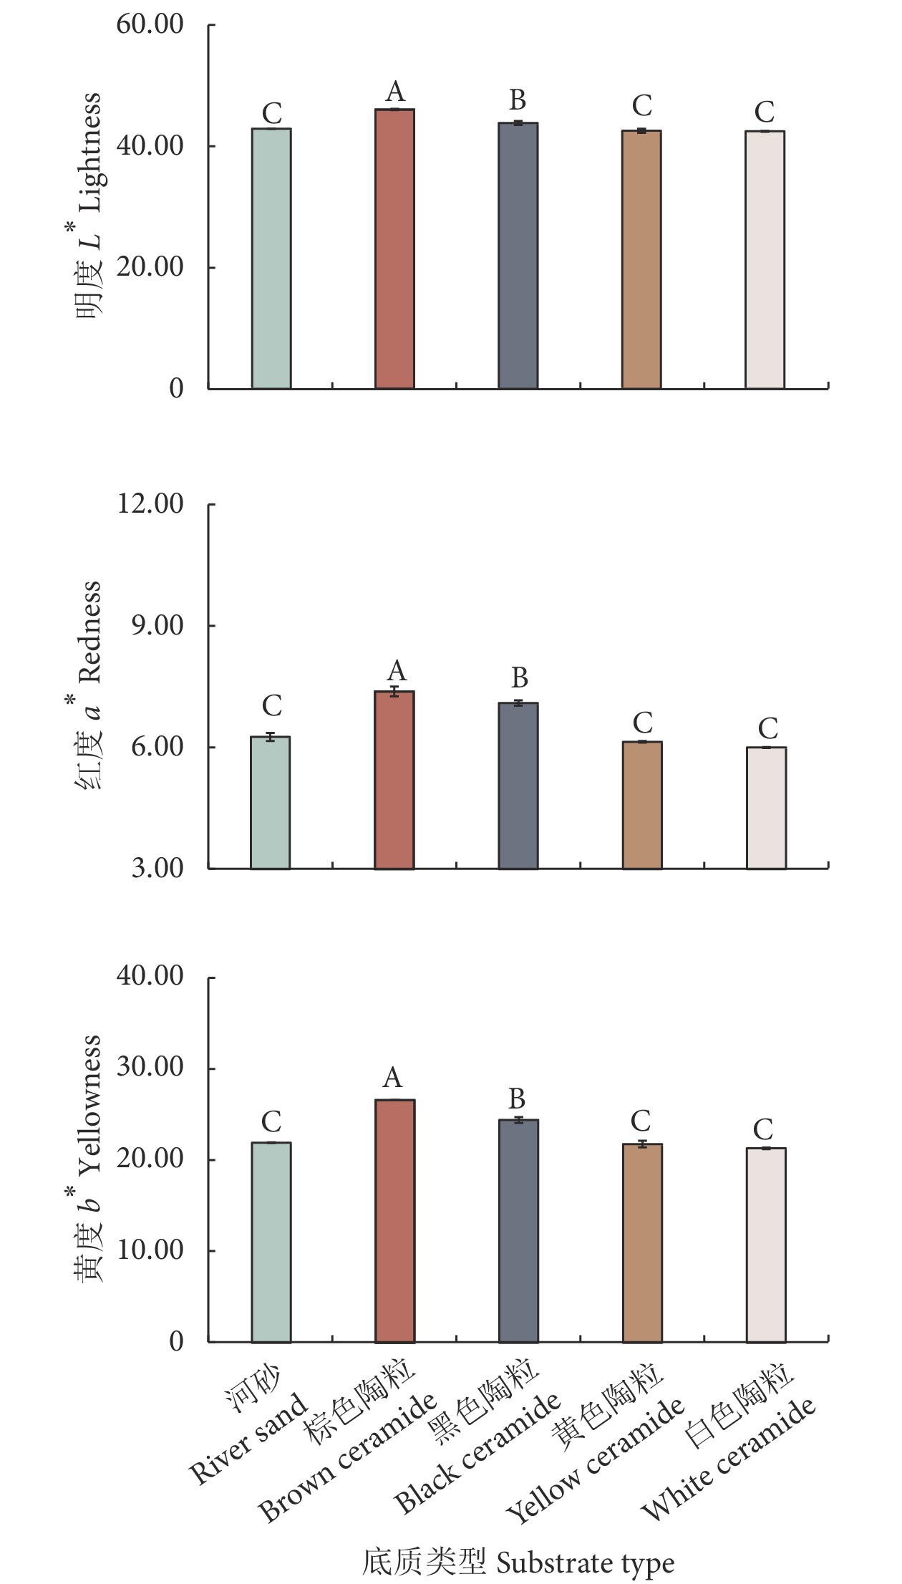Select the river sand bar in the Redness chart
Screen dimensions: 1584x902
pos(271,802)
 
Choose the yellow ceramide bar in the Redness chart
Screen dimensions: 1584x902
pos(642,805)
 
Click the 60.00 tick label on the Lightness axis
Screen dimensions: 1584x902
pos(150,24)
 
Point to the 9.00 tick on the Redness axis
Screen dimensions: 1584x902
pos(157,626)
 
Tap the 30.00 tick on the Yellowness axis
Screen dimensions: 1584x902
pos(150,1068)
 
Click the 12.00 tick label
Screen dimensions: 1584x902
pos(150,504)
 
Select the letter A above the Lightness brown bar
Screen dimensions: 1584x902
pos(395,92)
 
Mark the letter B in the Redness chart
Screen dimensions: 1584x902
pos(519,677)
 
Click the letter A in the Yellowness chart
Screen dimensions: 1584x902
pos(392,1077)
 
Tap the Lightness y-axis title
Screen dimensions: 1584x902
pos(89,208)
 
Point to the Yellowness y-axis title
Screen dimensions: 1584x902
pos(89,1157)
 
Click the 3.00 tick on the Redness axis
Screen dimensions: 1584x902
pos(157,869)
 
